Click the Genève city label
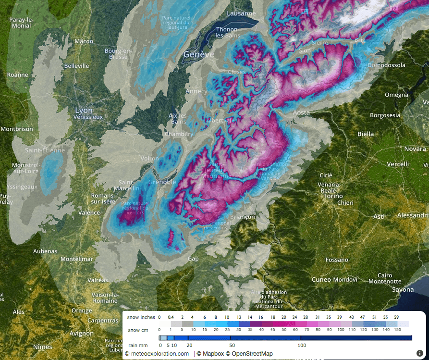point(198,55)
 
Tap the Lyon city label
point(84,111)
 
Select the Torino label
point(332,196)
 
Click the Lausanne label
point(241,13)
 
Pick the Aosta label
point(301,112)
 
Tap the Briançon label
point(243,217)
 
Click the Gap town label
point(193,259)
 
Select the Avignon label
point(81,333)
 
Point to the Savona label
point(402,289)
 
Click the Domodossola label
point(386,65)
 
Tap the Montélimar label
point(76,259)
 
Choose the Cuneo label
point(321,279)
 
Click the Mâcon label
point(84,41)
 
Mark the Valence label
point(89,212)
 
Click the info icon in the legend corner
point(419,353)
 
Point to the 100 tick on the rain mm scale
point(302,345)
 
